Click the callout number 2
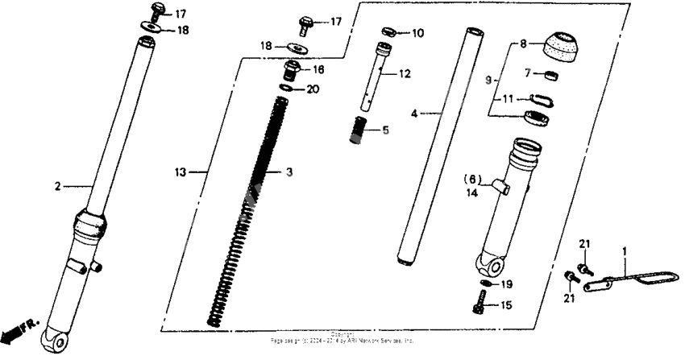coord(57,187)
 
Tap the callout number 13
coord(181,172)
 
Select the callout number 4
coord(414,114)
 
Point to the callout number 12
coord(405,74)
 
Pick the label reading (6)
coord(471,179)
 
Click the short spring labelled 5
coord(358,129)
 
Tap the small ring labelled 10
coord(387,33)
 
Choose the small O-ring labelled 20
coord(288,87)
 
